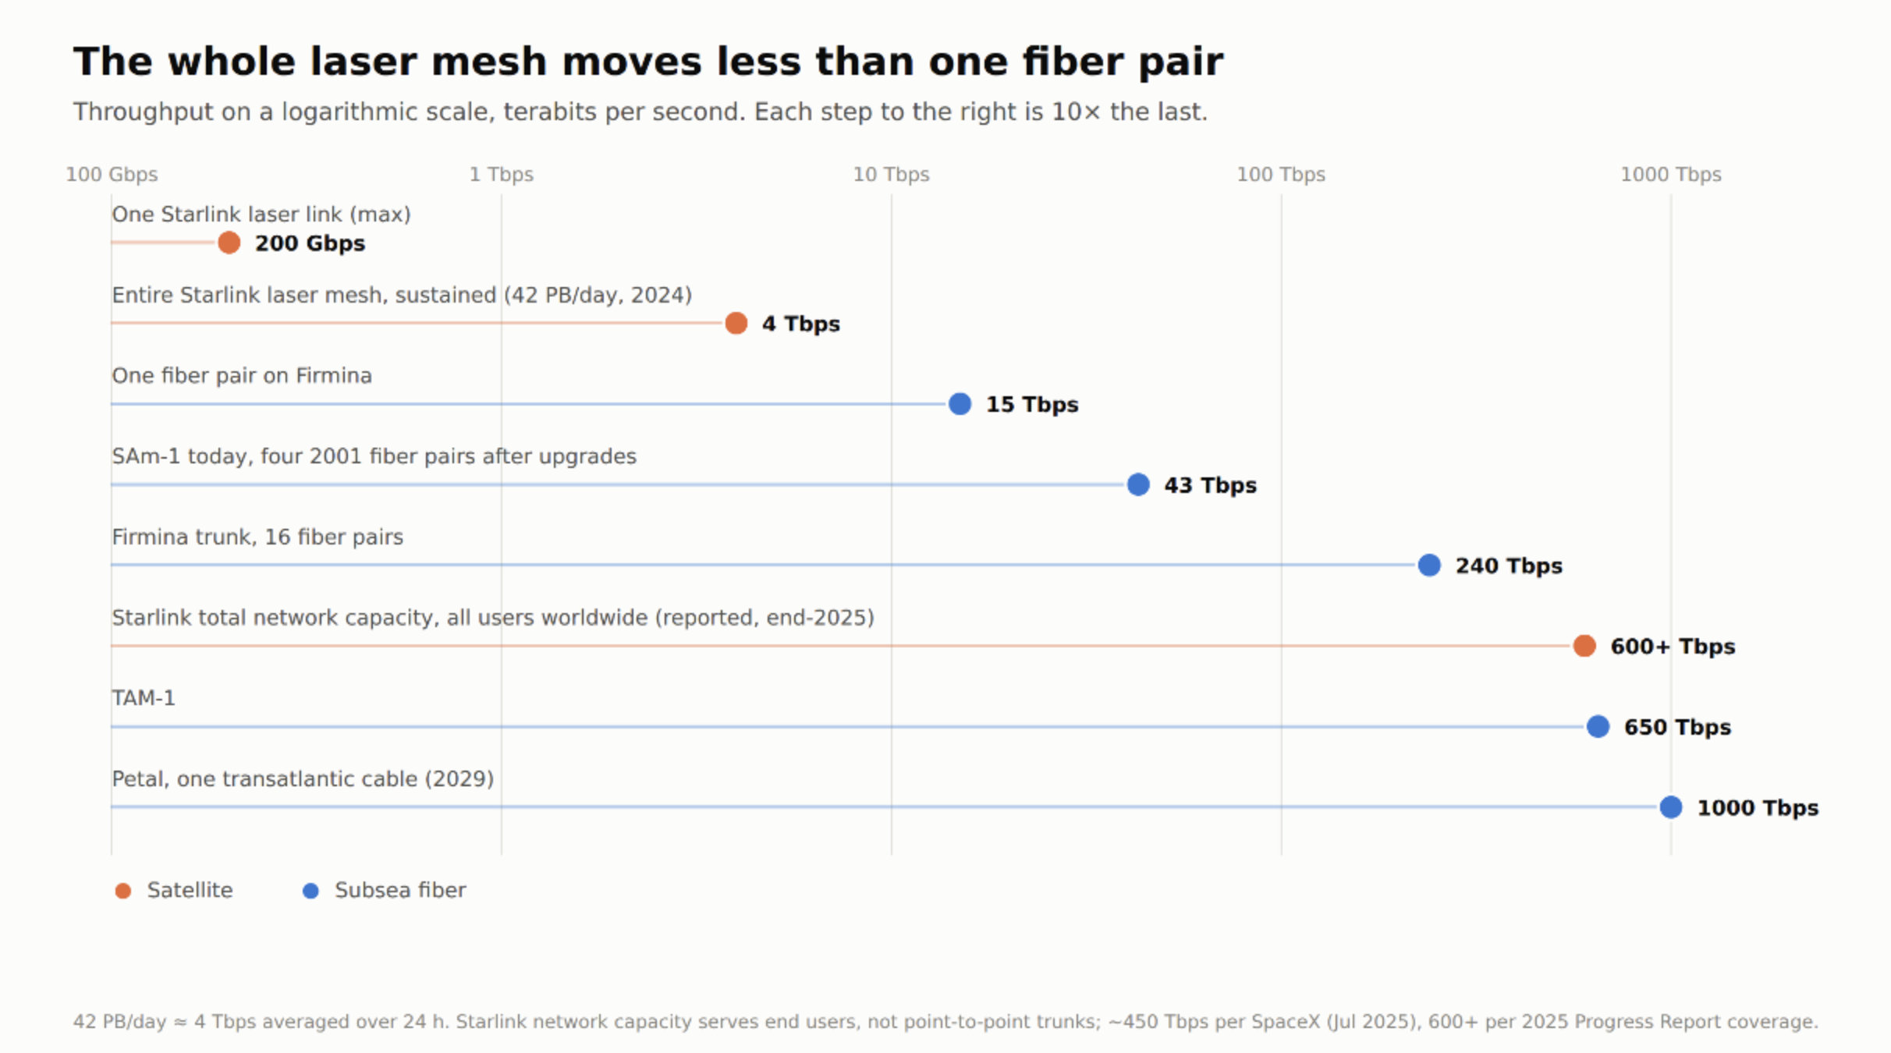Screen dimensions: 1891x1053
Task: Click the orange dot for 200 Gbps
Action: (x=229, y=243)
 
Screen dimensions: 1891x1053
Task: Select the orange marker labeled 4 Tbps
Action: (x=736, y=323)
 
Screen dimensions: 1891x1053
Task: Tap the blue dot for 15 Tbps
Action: (x=960, y=404)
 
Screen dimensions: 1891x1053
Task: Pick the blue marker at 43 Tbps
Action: (x=1138, y=484)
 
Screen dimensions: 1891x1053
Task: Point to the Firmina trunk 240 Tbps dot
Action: (x=1429, y=565)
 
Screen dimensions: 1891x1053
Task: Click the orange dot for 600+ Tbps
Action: (x=1584, y=646)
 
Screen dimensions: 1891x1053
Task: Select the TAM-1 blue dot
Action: (x=1598, y=726)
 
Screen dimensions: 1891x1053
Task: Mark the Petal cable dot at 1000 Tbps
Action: (x=1671, y=807)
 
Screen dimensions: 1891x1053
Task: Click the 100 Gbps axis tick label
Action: (x=112, y=174)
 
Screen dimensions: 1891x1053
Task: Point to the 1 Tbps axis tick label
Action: (x=502, y=174)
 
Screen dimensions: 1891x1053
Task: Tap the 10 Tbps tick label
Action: (x=891, y=174)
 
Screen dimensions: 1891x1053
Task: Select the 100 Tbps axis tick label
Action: (x=1281, y=174)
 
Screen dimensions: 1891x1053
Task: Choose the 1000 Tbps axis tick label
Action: (x=1671, y=174)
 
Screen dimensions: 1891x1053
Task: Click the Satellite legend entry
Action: (x=173, y=890)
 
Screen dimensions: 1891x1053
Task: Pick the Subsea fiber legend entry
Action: (x=384, y=890)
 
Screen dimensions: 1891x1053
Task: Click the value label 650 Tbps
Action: (x=1677, y=727)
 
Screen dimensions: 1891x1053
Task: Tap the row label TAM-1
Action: (x=144, y=697)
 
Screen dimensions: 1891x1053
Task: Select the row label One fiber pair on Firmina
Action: (x=242, y=376)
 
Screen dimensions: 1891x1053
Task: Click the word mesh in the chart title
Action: (x=489, y=61)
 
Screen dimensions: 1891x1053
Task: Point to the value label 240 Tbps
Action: (x=1509, y=565)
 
